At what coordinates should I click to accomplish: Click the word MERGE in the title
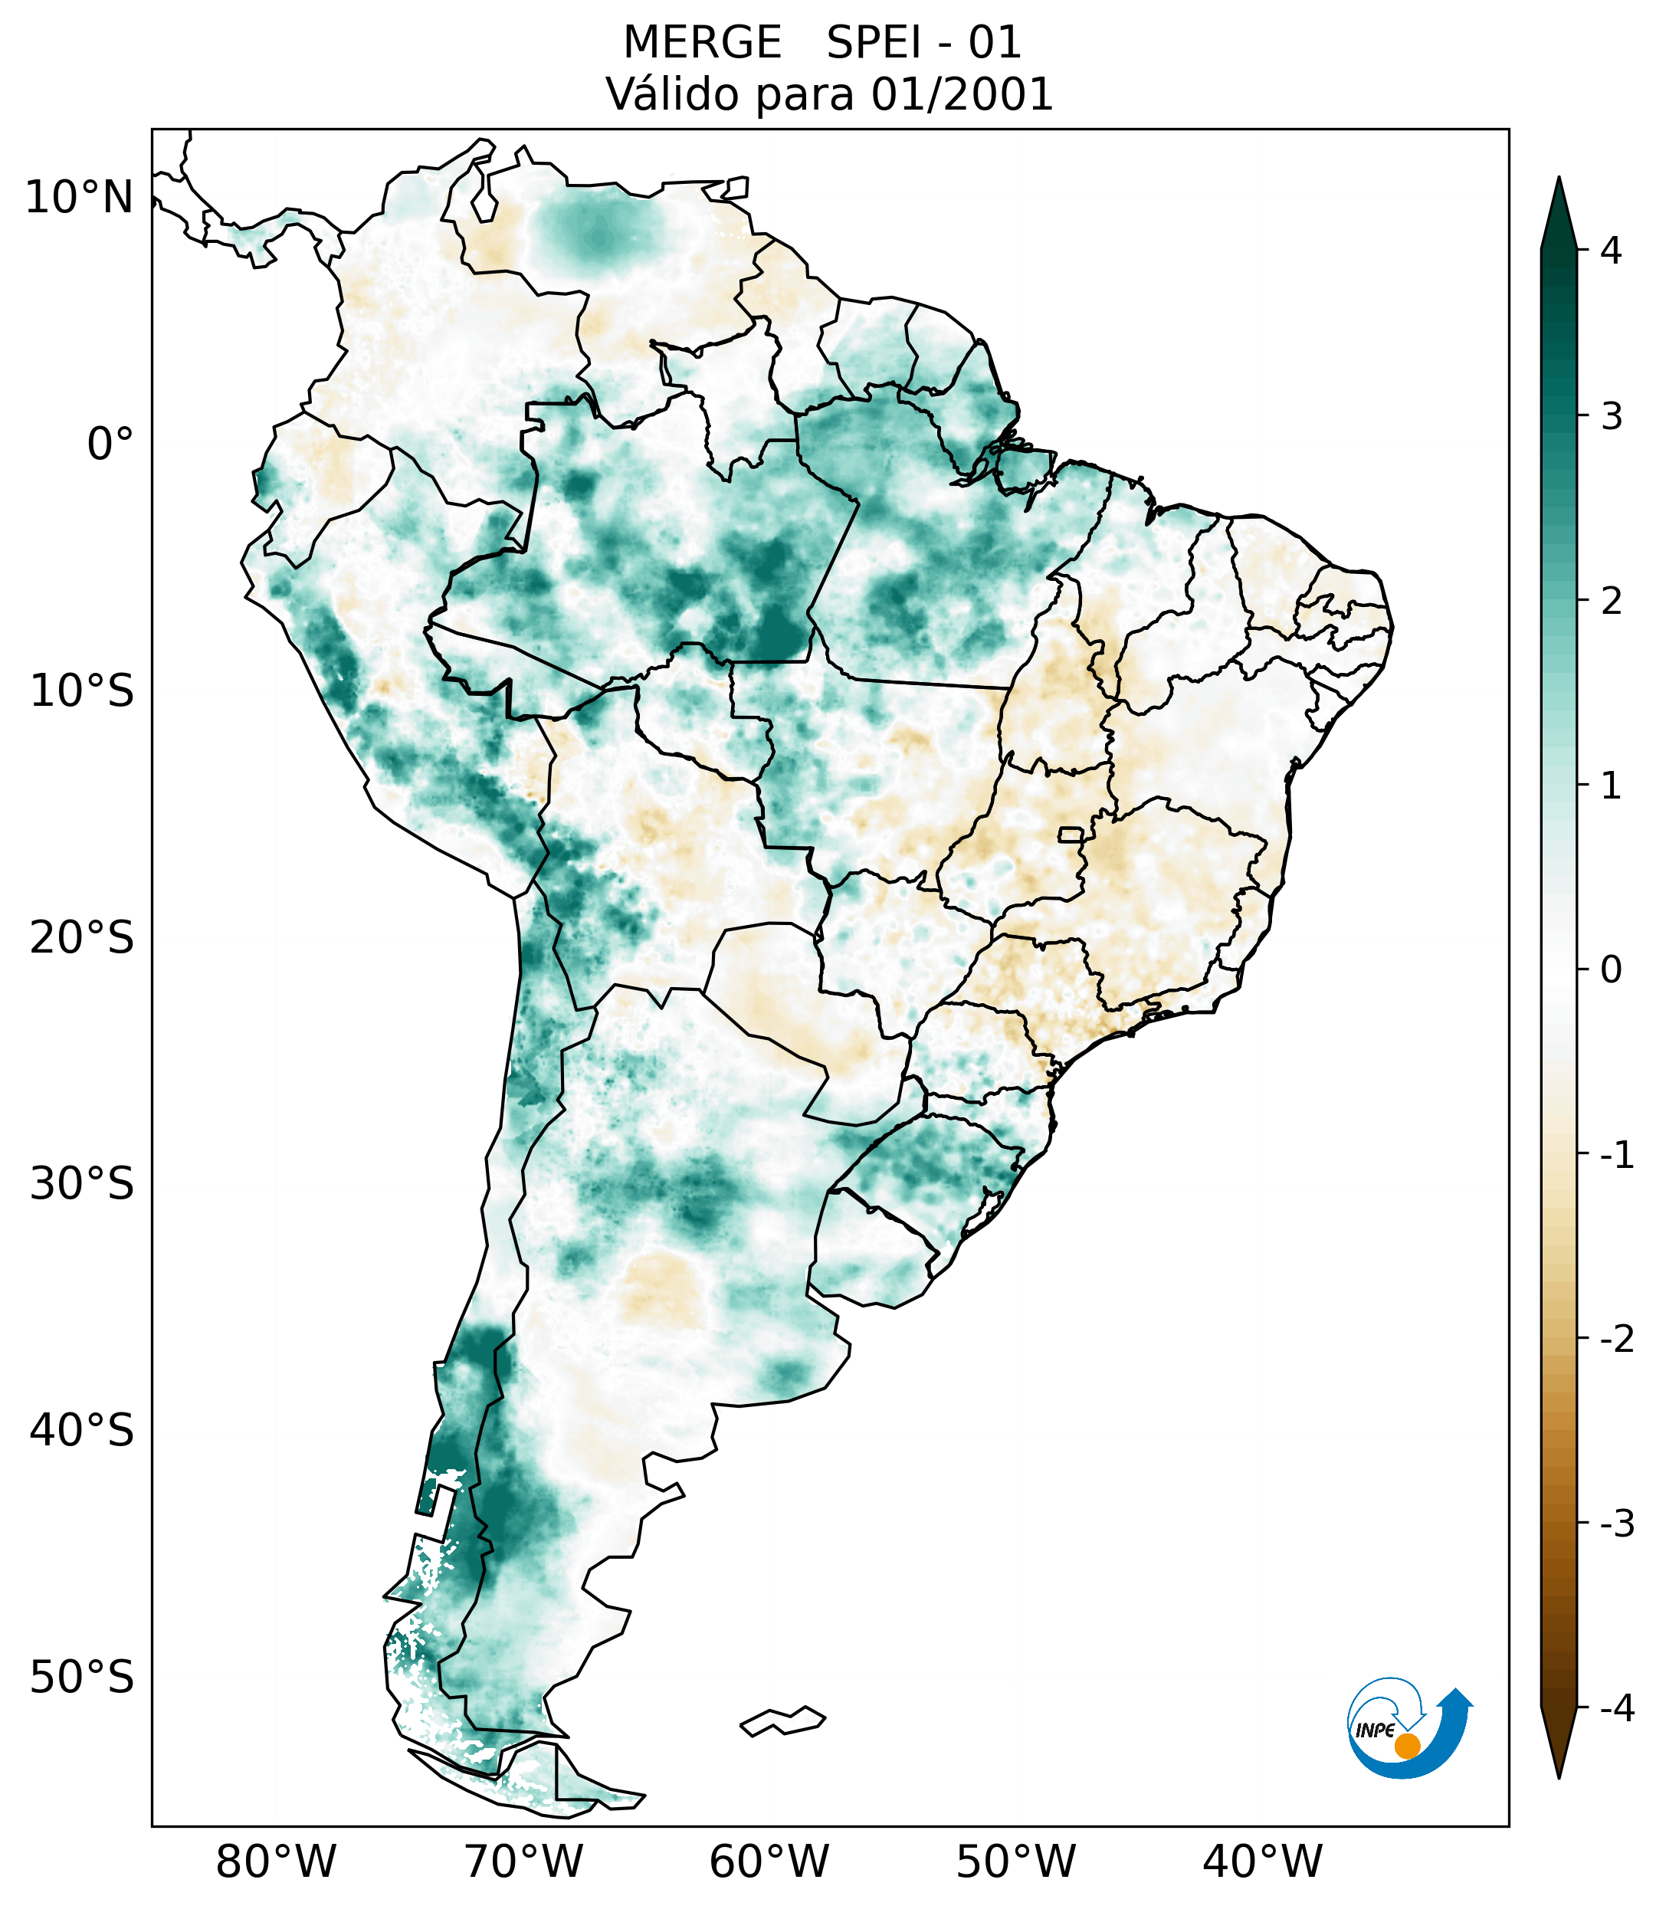702,43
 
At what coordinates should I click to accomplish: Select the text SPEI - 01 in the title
923,43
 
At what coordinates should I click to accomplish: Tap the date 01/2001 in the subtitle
962,95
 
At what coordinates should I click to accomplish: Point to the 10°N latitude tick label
80,198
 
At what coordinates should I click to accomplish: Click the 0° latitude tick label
110,444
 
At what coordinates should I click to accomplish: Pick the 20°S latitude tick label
82,938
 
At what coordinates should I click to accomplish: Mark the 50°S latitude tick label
82,1678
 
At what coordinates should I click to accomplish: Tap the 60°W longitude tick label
769,1861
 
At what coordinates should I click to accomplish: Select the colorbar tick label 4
1611,251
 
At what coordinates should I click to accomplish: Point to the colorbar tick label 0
1611,970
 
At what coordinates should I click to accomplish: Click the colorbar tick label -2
1616,1340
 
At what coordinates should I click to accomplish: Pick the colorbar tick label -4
1616,1708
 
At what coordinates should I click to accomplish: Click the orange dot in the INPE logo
1406,1746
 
